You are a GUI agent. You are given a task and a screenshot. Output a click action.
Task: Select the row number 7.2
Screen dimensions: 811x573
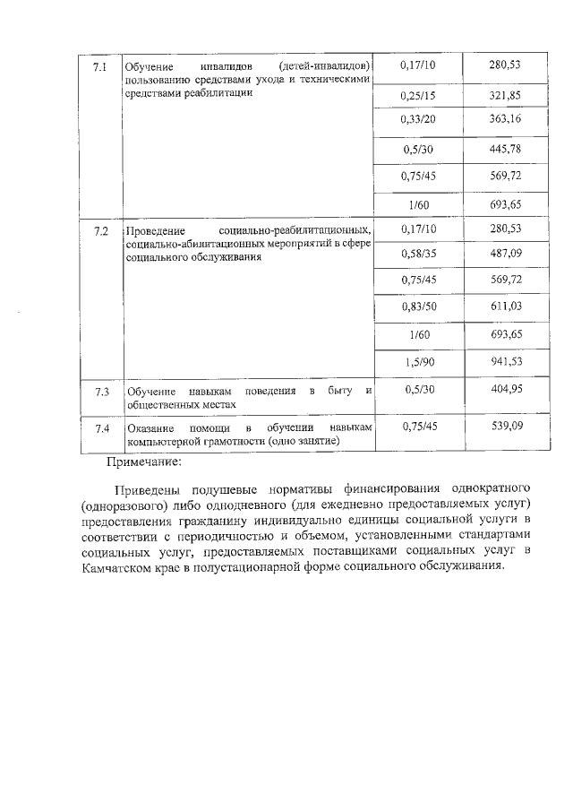pos(100,232)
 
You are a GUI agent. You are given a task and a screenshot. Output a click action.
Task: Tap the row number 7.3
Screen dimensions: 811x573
pos(100,392)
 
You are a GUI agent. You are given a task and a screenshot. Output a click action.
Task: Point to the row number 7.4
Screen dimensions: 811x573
pos(100,427)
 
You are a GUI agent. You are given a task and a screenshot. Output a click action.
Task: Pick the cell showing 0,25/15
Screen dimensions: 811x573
pos(418,95)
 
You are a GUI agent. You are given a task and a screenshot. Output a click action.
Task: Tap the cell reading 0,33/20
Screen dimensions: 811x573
pos(418,119)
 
